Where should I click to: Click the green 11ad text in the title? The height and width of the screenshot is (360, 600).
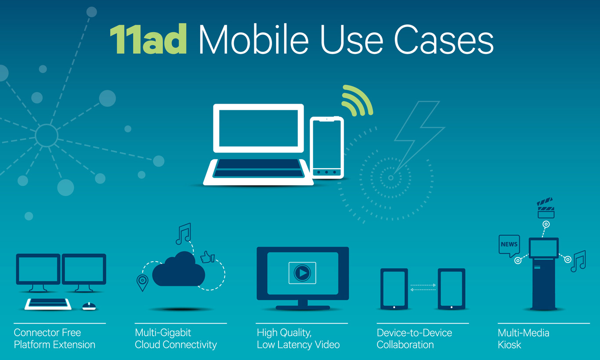click(148, 39)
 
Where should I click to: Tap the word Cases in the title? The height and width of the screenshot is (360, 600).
click(444, 40)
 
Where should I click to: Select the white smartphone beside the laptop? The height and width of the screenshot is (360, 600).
click(327, 148)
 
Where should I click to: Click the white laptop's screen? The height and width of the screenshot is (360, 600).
click(258, 128)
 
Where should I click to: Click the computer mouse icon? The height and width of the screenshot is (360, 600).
click(89, 306)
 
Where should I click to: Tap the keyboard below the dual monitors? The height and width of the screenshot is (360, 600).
click(48, 304)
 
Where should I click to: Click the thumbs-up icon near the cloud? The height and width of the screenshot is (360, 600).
click(207, 257)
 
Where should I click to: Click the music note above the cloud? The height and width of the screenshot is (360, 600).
click(184, 234)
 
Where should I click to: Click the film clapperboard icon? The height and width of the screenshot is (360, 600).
click(546, 208)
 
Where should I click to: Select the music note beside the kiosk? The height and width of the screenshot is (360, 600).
click(578, 261)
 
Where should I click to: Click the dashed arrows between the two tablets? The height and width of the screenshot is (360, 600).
click(423, 287)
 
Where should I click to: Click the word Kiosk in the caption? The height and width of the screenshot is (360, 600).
click(510, 345)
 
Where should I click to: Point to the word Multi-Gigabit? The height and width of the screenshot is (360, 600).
click(163, 333)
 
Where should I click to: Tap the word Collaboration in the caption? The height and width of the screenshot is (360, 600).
click(405, 345)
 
